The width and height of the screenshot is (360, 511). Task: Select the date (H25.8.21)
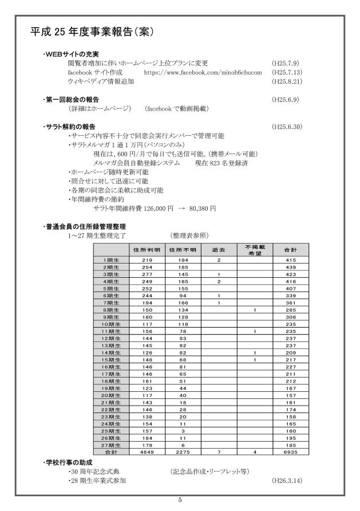(x=286, y=82)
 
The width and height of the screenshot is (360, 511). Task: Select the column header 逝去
(x=219, y=250)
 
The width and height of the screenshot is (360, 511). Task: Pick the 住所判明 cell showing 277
(x=147, y=273)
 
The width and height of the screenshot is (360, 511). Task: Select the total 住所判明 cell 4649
(x=147, y=452)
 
